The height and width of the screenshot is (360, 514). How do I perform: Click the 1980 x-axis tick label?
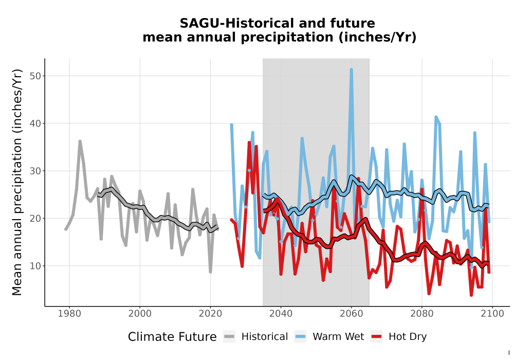click(69, 314)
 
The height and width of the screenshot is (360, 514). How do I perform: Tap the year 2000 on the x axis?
click(140, 314)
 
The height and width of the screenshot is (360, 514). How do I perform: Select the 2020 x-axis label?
click(210, 314)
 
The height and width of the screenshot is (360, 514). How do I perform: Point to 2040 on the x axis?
click(281, 314)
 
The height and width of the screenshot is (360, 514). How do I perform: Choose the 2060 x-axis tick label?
click(352, 314)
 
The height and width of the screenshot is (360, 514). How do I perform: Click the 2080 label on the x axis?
click(422, 314)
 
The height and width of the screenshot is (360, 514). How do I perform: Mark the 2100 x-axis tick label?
click(492, 314)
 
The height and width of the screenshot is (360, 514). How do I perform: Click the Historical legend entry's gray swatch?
click(229, 337)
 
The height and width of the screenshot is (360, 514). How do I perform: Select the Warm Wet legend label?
click(338, 337)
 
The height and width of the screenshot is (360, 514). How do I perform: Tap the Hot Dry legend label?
click(408, 337)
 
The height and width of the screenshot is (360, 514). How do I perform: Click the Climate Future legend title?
click(172, 337)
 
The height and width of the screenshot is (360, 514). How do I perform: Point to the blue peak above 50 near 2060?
click(352, 70)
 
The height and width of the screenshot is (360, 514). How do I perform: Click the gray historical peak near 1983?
click(80, 141)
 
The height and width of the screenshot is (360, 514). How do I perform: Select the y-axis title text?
click(17, 182)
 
